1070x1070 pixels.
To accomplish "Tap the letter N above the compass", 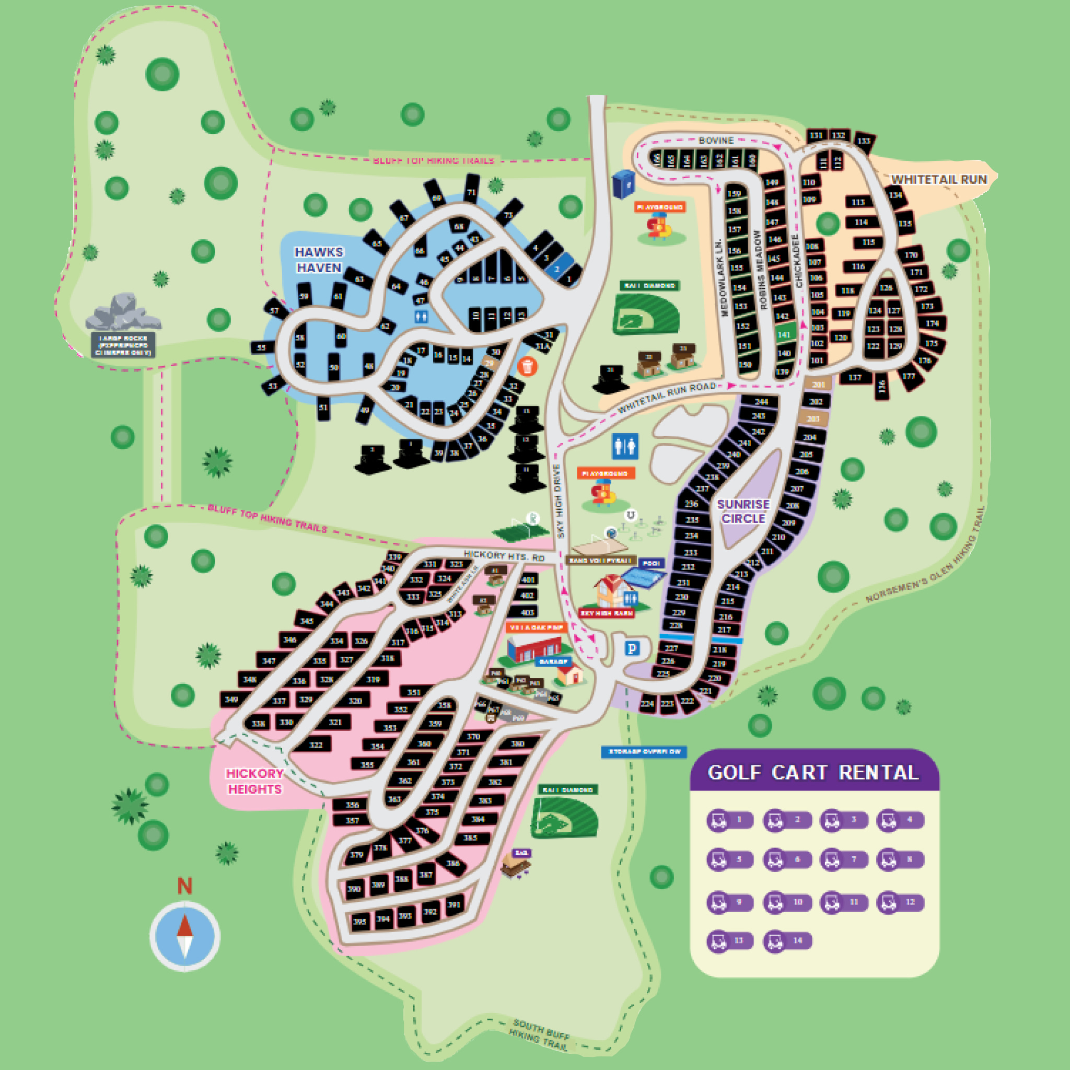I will pos(184,887).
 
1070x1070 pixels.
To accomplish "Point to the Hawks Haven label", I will pos(319,260).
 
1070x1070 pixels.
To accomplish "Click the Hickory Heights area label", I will pos(255,781).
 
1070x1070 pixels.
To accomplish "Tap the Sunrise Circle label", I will pos(743,511).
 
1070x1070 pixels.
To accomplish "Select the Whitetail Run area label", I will pos(939,179).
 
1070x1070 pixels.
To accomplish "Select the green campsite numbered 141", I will pos(784,335).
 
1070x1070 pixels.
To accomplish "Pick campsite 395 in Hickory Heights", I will pos(359,922).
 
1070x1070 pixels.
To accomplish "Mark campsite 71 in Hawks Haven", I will pos(471,193).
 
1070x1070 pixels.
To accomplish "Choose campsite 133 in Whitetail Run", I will pos(864,141).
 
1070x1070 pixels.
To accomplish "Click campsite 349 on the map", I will pos(231,700).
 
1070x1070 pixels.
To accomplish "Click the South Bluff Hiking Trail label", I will pos(540,1034).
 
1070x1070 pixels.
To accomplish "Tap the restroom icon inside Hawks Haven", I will pos(422,316).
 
